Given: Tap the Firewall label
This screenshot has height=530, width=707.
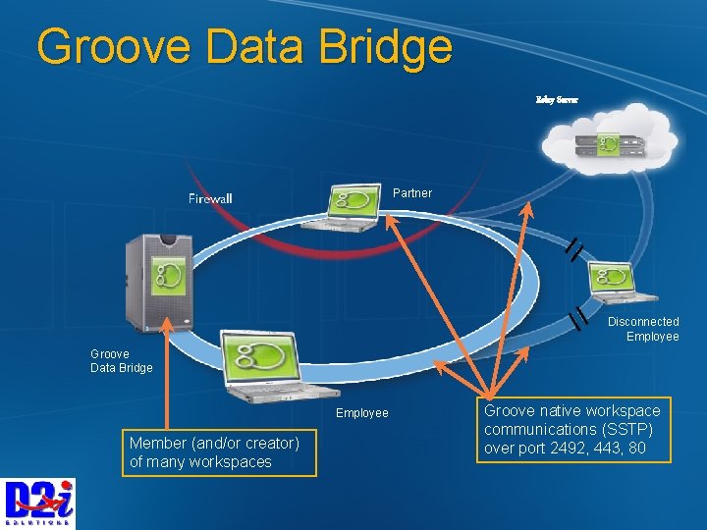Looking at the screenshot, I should (x=210, y=199).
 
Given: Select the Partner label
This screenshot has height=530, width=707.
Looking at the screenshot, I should (x=411, y=193).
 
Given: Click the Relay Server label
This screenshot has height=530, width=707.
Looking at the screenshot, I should (x=557, y=100).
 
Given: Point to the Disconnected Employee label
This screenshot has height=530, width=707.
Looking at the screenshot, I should (x=643, y=329).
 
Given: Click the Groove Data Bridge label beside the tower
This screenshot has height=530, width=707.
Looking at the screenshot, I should (x=121, y=360).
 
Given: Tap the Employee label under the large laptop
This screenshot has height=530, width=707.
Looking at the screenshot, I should (x=362, y=413).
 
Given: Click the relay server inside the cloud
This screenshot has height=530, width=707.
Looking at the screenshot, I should (x=609, y=146).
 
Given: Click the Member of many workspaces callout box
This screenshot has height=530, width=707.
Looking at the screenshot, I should (x=218, y=452).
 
